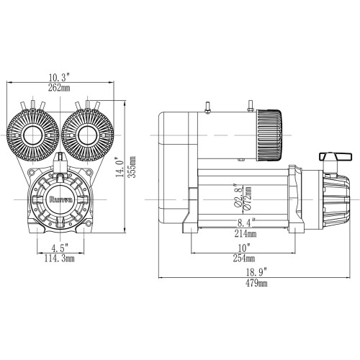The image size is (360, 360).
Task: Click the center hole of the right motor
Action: tap(88, 134)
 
